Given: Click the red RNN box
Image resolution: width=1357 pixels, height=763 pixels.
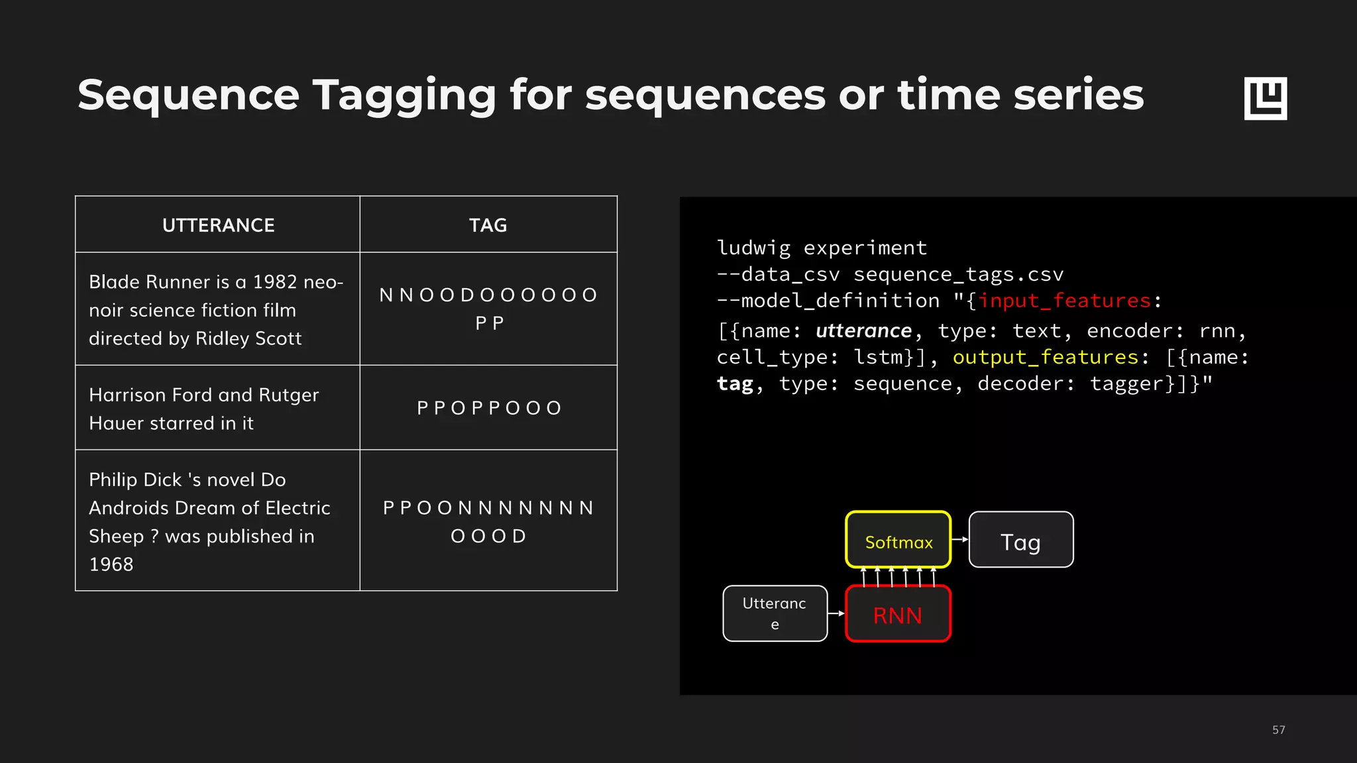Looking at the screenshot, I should click(898, 614).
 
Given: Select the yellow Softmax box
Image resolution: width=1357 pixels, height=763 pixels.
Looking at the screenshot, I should click(898, 540).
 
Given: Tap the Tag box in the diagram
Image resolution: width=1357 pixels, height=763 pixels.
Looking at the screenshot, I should click(1020, 540).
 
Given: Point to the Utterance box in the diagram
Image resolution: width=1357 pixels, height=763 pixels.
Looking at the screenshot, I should click(775, 613).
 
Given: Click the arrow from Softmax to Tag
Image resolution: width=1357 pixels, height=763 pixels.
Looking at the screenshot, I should click(959, 540).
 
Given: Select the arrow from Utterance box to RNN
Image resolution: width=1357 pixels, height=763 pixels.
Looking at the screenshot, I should click(836, 613).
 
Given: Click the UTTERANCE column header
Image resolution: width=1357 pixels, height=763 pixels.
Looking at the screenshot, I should click(218, 225).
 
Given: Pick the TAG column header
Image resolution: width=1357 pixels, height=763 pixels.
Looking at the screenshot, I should click(488, 225).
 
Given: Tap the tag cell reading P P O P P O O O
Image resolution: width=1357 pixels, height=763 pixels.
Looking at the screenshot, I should click(489, 408).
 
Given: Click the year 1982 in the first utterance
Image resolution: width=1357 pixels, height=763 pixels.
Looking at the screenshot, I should click(274, 282).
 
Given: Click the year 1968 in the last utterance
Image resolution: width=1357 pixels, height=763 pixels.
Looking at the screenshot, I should click(111, 564).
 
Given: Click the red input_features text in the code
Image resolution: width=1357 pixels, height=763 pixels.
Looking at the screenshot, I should click(1064, 301).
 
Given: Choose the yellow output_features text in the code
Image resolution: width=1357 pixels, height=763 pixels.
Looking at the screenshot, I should click(1046, 358).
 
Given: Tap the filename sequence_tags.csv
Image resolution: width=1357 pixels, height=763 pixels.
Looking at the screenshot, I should click(958, 274).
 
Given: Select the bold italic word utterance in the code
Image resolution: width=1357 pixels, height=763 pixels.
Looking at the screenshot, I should click(863, 331).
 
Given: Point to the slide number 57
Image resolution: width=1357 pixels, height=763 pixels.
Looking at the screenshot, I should click(1278, 730).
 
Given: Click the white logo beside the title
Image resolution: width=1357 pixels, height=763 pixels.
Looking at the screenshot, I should click(1265, 98).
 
